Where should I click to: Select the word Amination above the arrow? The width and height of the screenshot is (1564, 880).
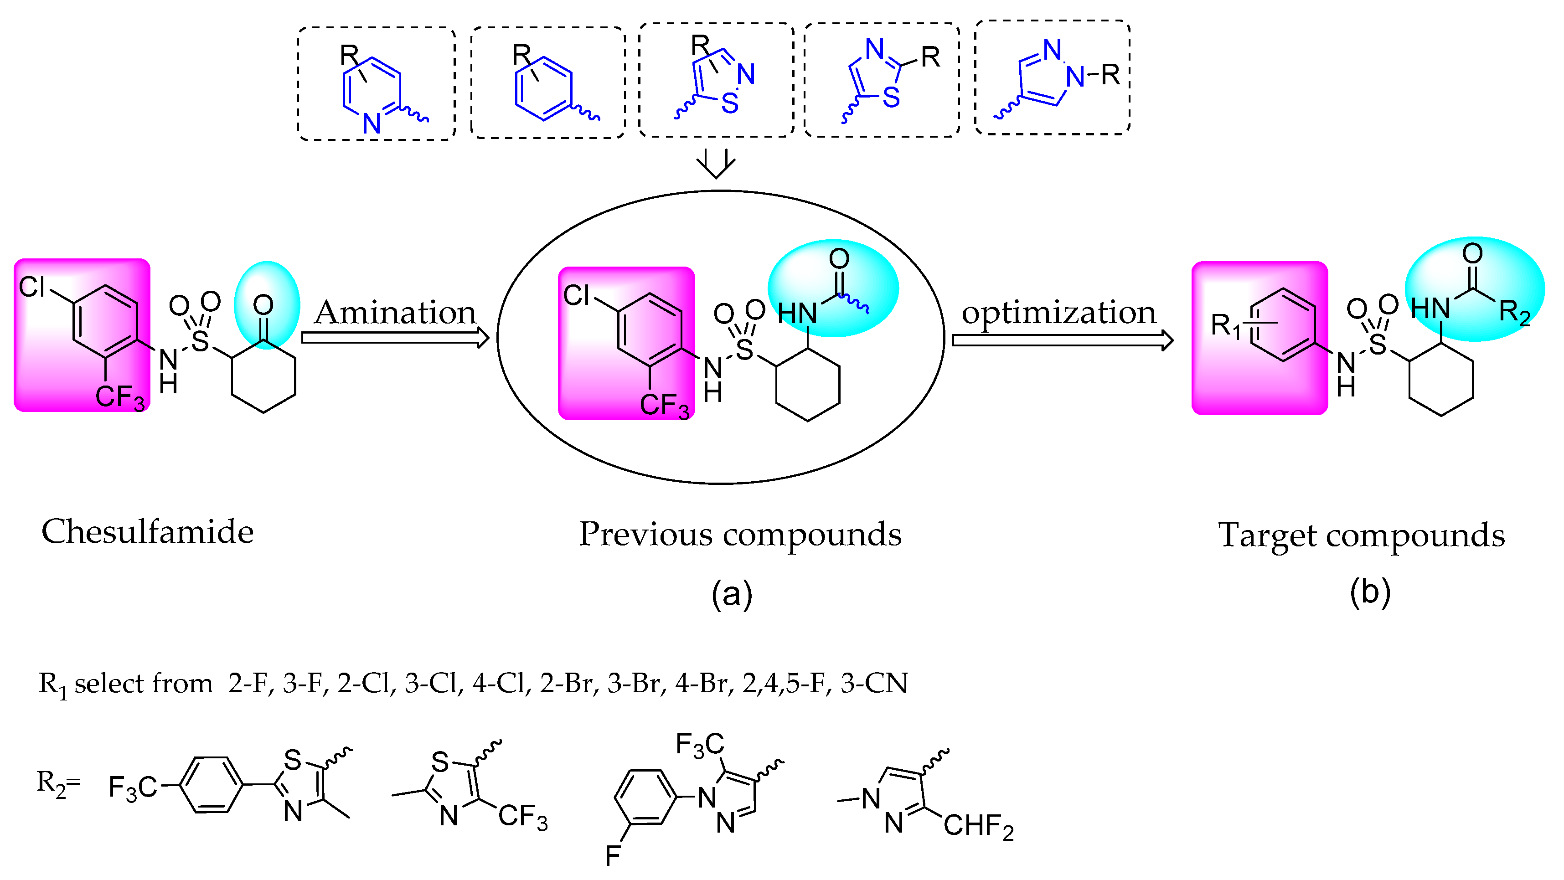pos(395,313)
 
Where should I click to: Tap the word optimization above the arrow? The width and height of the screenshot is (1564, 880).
pos(1059,313)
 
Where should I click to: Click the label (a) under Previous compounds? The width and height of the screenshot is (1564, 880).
pos(732,593)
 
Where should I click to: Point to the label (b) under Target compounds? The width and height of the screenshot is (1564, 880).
pos(1370,592)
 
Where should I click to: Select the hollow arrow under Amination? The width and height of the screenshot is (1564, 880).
pos(395,337)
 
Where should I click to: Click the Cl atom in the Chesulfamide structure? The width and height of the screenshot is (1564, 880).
pos(31,287)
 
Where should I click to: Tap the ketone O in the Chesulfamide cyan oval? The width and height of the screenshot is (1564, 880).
pos(263,305)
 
